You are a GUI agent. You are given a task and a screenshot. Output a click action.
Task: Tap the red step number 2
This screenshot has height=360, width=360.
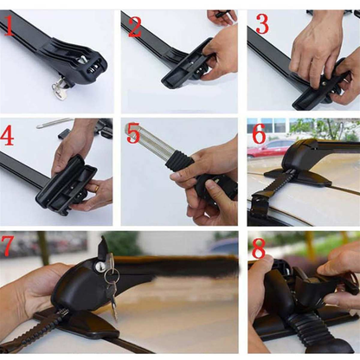[135, 27]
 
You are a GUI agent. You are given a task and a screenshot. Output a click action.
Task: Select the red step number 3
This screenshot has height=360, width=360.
[262, 25]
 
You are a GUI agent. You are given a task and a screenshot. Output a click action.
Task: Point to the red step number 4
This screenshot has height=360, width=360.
[10, 137]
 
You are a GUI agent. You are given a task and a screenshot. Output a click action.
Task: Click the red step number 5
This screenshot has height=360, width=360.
[133, 135]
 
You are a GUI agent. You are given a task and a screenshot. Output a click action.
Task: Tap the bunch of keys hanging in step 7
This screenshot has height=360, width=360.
[109, 279]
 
